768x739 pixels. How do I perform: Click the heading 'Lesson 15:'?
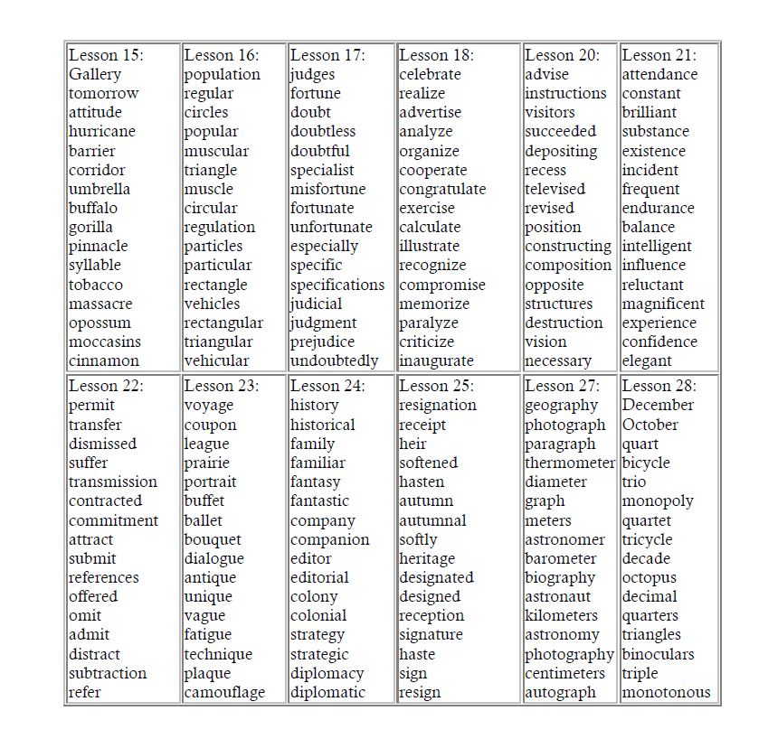[106, 55]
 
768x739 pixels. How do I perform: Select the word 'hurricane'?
[102, 131]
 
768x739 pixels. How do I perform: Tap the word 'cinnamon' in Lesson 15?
[104, 360]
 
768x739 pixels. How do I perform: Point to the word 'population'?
[223, 74]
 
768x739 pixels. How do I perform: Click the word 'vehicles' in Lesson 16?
[212, 304]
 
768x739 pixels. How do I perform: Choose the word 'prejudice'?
[323, 341]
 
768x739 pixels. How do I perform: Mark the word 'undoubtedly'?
[335, 360]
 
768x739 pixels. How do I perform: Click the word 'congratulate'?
[442, 189]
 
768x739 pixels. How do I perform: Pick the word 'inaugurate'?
[436, 360]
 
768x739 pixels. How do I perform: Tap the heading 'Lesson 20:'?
[562, 55]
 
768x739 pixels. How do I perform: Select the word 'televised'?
[555, 189]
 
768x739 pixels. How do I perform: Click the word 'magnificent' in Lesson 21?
[663, 304]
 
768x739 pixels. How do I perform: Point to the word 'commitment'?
[113, 520]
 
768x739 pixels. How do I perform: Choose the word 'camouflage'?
[224, 692]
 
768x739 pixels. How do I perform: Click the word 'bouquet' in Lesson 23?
[213, 539]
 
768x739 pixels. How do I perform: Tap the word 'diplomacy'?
[327, 673]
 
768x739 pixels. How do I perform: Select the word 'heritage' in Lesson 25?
[427, 558]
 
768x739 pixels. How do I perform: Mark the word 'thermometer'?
[570, 463]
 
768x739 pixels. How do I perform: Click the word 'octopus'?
[649, 577]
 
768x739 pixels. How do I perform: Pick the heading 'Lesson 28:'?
[659, 386]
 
